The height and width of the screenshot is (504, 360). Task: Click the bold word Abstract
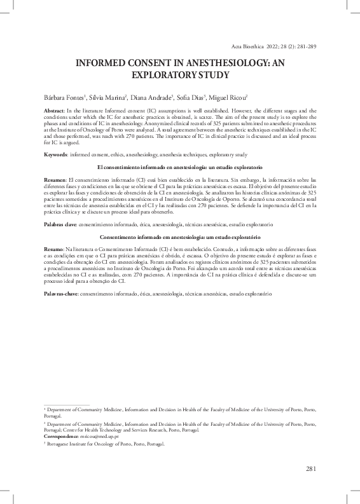tap(54, 110)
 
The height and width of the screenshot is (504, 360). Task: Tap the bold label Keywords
tap(56, 154)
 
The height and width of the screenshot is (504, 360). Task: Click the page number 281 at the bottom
tap(311, 469)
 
